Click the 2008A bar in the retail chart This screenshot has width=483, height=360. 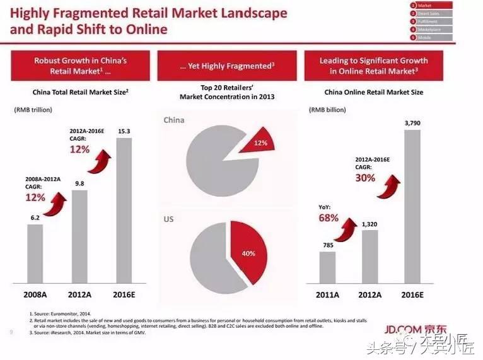click(x=35, y=253)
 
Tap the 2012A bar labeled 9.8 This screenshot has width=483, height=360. click(x=79, y=236)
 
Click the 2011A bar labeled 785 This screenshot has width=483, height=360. click(x=327, y=267)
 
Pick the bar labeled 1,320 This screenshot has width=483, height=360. click(x=370, y=257)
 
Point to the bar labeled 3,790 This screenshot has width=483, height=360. click(x=412, y=207)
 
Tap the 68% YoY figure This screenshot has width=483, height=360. click(x=329, y=218)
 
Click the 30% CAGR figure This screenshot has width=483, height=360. click(x=365, y=178)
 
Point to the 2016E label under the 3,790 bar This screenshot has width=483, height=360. click(x=412, y=294)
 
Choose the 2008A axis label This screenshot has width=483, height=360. click(x=35, y=294)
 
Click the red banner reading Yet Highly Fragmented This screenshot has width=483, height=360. click(x=226, y=66)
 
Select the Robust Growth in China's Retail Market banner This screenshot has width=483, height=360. click(x=81, y=66)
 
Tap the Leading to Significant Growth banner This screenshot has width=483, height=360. click(x=373, y=66)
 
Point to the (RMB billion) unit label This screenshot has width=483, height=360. click(x=327, y=110)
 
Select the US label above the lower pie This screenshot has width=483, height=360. click(x=168, y=219)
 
